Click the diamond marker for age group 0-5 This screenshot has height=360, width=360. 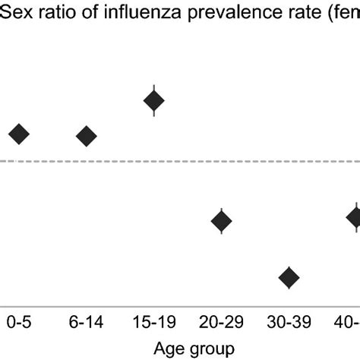tap(19, 134)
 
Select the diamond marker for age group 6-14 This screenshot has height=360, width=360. tap(87, 136)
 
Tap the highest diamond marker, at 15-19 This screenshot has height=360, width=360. tap(154, 100)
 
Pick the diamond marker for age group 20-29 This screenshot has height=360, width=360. tap(221, 222)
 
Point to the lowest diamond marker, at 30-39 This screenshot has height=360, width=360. tap(289, 278)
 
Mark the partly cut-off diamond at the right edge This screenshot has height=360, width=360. tap(354, 217)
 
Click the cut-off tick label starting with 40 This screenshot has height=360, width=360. tap(349, 322)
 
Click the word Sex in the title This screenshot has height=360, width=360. tap(15, 11)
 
